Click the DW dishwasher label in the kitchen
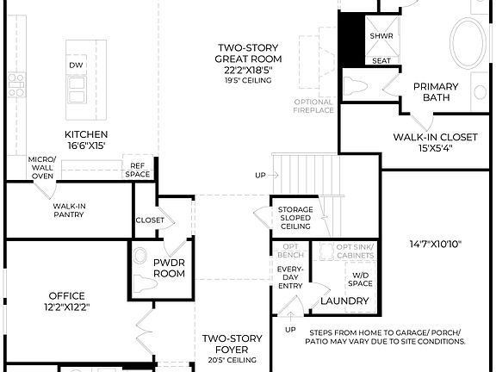click(76, 65)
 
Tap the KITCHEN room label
click(86, 134)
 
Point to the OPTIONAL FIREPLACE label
click(313, 106)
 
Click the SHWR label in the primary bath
click(381, 36)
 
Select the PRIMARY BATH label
click(436, 91)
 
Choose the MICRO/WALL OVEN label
click(41, 167)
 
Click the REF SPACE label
click(138, 170)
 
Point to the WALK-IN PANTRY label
click(69, 211)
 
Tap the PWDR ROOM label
click(169, 267)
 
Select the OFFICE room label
click(66, 301)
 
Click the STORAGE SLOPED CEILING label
click(294, 218)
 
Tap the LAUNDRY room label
click(344, 301)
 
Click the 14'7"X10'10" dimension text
click(435, 245)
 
